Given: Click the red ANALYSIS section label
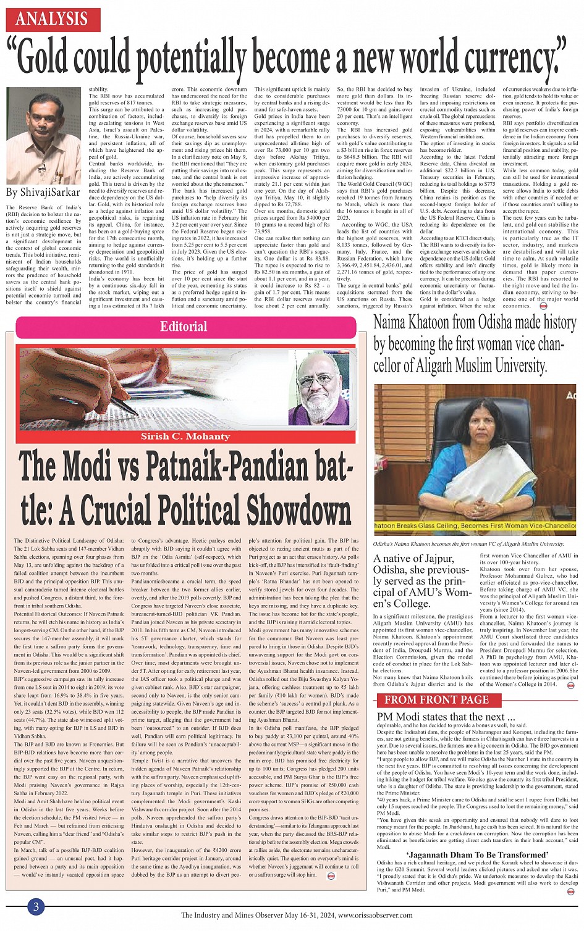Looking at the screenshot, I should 53,19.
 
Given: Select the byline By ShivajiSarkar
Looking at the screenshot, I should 43,192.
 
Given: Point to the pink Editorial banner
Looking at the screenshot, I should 184,327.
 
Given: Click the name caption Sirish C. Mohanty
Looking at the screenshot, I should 185,436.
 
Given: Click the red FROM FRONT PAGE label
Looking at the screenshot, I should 436,699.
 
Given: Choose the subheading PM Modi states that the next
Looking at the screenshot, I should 446,717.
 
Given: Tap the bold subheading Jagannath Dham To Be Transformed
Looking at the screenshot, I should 478,854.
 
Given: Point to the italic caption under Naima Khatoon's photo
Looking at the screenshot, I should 468,544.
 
